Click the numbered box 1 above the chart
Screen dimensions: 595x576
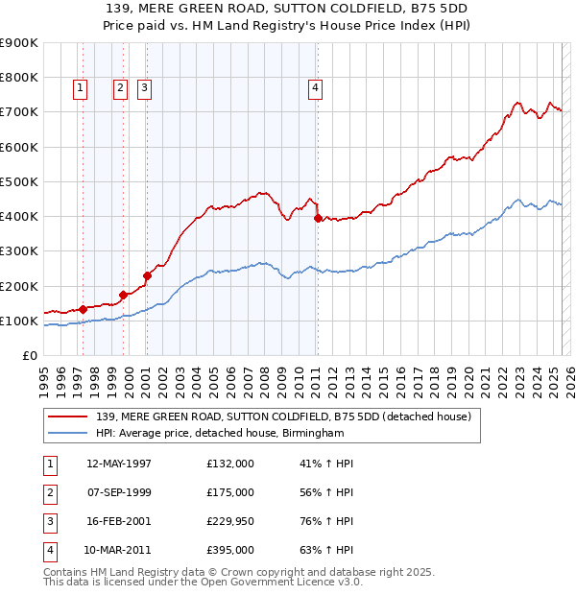point(79,88)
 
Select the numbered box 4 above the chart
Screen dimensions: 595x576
point(315,88)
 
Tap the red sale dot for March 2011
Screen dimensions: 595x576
point(318,219)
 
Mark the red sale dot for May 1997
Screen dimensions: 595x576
point(83,309)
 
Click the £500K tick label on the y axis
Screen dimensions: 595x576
point(20,181)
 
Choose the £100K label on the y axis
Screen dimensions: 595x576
point(20,321)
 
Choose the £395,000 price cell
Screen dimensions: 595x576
point(230,550)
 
